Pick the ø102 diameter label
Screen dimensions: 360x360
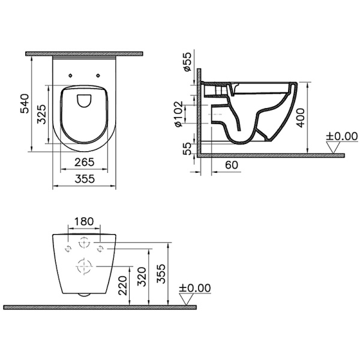[178, 114]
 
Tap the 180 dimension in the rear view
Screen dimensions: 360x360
[83, 221]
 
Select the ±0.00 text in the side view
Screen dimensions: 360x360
[341, 136]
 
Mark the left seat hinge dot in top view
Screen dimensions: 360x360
[71, 75]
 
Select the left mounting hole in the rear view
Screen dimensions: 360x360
[68, 247]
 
